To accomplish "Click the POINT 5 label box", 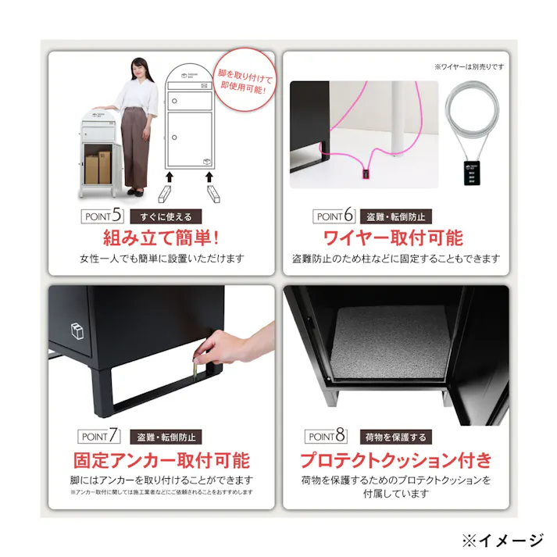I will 102,216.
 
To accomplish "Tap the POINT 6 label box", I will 334,216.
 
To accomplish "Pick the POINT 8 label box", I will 327,437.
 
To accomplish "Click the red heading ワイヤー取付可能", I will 393,237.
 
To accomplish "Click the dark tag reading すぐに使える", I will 166,216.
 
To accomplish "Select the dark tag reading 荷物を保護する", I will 394,437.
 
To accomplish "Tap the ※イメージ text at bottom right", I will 502,539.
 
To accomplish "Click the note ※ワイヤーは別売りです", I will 470,67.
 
